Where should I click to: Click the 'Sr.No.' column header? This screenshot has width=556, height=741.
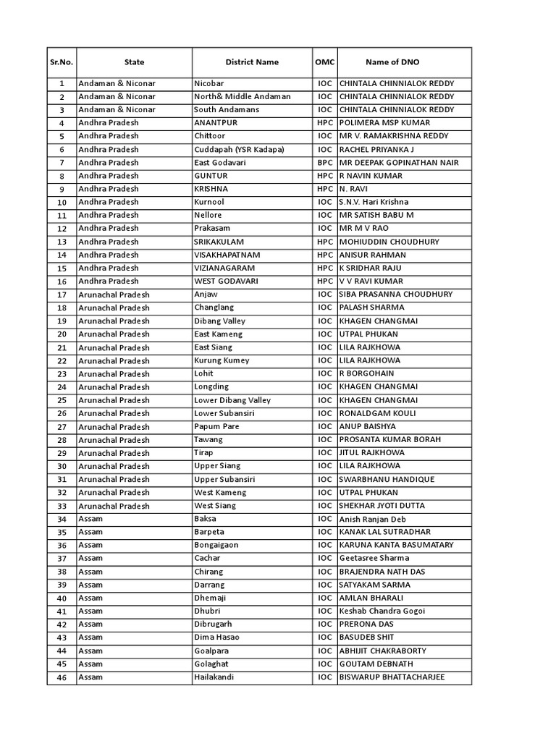coord(62,62)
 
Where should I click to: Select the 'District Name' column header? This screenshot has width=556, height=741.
coord(251,62)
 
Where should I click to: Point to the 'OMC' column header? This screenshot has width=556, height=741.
coord(324,62)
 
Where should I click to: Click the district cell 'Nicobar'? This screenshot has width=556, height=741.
coord(209,83)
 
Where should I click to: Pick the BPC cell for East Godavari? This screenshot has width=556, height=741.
coord(324,163)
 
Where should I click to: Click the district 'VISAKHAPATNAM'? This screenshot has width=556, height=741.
coord(227,255)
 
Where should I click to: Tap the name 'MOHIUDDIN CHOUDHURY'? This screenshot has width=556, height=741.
coord(389,242)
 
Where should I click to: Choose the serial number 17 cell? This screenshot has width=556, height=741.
coord(62,295)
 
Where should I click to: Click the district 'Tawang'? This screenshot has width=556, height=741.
coord(208,439)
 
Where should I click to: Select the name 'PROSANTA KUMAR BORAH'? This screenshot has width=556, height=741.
coord(389,439)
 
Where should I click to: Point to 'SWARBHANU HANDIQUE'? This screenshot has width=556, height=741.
coord(387,479)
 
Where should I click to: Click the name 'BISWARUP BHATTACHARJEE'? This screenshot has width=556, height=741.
coord(392,677)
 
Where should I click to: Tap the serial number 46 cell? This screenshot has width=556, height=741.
coord(62,677)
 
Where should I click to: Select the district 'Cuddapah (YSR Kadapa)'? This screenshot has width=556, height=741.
coord(239,149)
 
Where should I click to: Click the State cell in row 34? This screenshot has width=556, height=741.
coord(90,519)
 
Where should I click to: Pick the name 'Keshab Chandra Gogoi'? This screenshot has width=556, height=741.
coord(382,611)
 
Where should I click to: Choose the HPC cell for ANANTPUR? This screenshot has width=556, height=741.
coord(324,123)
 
